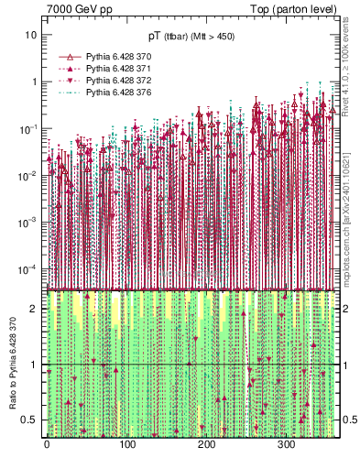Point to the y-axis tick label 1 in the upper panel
[35, 82]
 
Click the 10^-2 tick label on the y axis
[28, 175]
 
